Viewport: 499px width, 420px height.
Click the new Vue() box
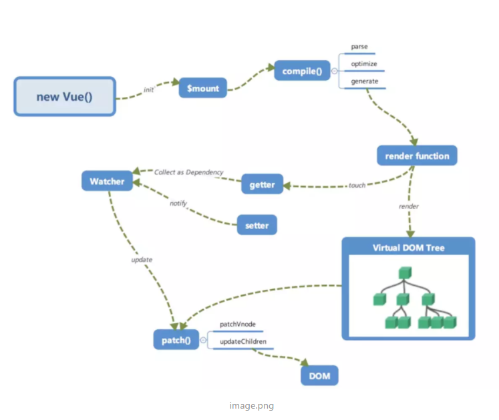[x=65, y=96]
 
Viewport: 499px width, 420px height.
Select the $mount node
[x=202, y=88]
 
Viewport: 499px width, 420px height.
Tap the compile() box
[x=302, y=70]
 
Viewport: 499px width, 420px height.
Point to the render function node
[x=417, y=156]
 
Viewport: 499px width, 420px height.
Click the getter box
[x=262, y=184]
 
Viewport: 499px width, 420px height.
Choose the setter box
[x=257, y=225]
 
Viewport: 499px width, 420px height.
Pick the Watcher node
[x=107, y=181]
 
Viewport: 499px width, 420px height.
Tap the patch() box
[x=176, y=340]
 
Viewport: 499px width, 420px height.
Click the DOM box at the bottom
[x=319, y=375]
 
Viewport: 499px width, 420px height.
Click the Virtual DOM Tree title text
[x=409, y=248]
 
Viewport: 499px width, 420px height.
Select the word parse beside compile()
[x=359, y=47]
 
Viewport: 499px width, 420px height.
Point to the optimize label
[x=364, y=63]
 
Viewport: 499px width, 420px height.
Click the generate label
[x=365, y=81]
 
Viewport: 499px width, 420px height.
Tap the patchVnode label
[x=238, y=324]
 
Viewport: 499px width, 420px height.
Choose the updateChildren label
[x=243, y=341]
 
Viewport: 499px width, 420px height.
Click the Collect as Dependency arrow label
[x=189, y=172]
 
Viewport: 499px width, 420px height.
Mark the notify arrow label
[x=178, y=203]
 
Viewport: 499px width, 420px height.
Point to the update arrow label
[x=142, y=260]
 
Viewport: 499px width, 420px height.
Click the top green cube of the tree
[x=405, y=273]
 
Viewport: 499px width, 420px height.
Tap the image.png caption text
[x=251, y=406]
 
